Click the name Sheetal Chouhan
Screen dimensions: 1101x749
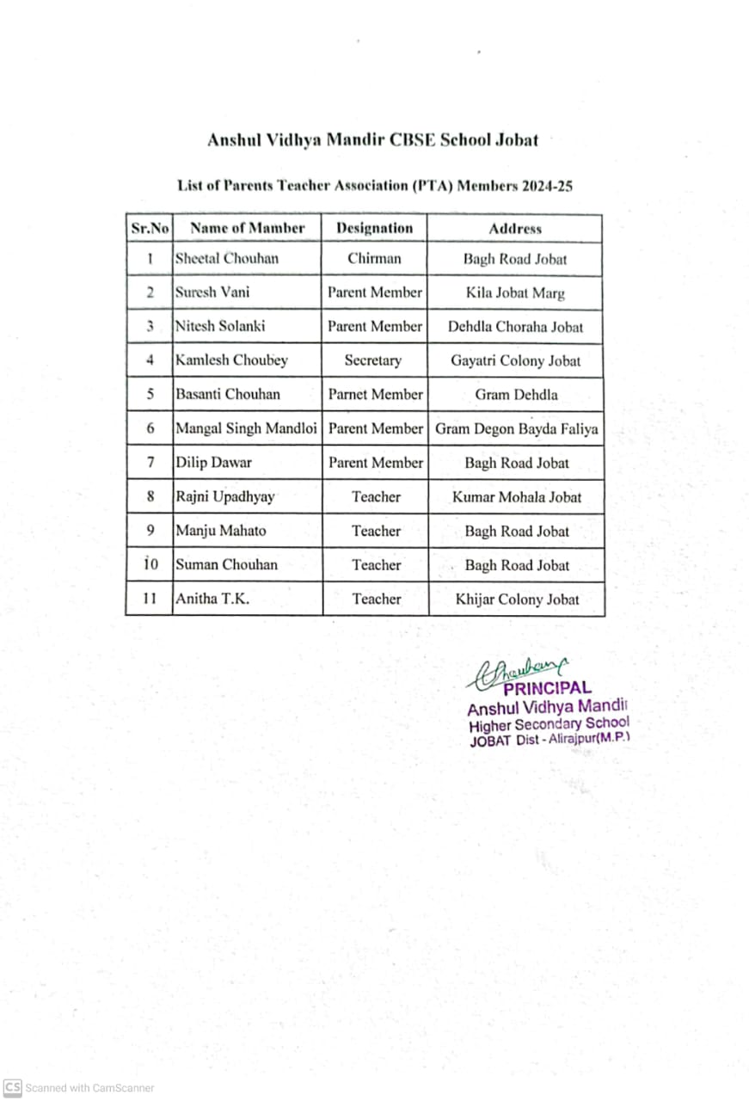[227, 258]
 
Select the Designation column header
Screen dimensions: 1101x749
[374, 228]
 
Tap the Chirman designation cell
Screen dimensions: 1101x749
[374, 258]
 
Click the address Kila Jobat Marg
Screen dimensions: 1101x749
[515, 292]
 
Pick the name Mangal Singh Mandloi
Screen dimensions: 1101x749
[246, 428]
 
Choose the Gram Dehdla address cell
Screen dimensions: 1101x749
[516, 395]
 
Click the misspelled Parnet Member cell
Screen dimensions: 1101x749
[375, 395]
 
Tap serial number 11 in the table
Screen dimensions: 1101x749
[150, 600]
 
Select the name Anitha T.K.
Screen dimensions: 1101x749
[212, 600]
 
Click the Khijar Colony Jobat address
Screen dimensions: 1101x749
[517, 600]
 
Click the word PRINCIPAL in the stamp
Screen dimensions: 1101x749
[547, 688]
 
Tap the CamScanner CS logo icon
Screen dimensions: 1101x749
[12, 1088]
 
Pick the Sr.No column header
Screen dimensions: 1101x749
[150, 228]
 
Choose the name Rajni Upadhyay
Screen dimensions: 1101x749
[225, 497]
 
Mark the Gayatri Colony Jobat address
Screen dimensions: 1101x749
[515, 360]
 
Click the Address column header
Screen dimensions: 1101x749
[515, 228]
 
